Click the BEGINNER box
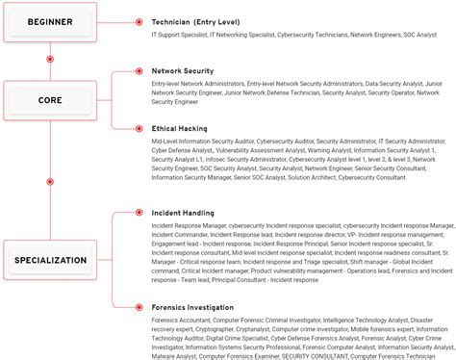click(x=50, y=21)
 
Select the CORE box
click(x=50, y=99)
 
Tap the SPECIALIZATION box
click(x=50, y=260)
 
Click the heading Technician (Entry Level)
click(x=196, y=21)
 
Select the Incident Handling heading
click(x=183, y=213)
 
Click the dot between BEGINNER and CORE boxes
click(x=50, y=60)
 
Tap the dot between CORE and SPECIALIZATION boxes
click(x=50, y=181)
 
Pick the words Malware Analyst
click(x=173, y=356)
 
